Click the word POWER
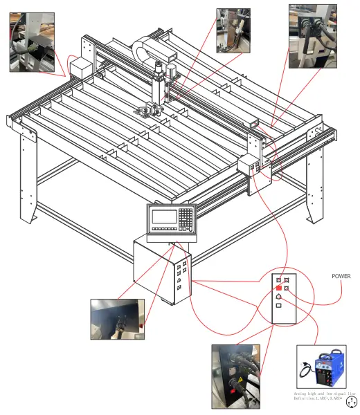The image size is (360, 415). click(341, 276)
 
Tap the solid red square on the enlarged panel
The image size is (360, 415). click(278, 287)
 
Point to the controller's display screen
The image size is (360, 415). click(165, 216)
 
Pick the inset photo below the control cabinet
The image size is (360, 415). click(118, 319)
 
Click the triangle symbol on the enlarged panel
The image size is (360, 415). click(278, 297)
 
